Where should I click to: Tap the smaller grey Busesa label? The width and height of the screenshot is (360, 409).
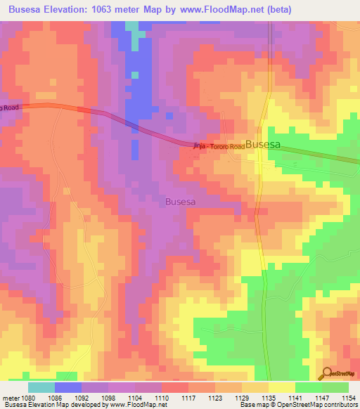point(180,201)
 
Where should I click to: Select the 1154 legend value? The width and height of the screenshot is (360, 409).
point(349,397)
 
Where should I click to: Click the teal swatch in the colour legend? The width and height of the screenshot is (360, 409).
point(41,387)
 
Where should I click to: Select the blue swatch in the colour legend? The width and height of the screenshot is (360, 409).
point(68,387)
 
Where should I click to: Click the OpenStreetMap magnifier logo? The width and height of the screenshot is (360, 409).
point(326,373)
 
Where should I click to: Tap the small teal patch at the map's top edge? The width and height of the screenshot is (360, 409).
point(132,26)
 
